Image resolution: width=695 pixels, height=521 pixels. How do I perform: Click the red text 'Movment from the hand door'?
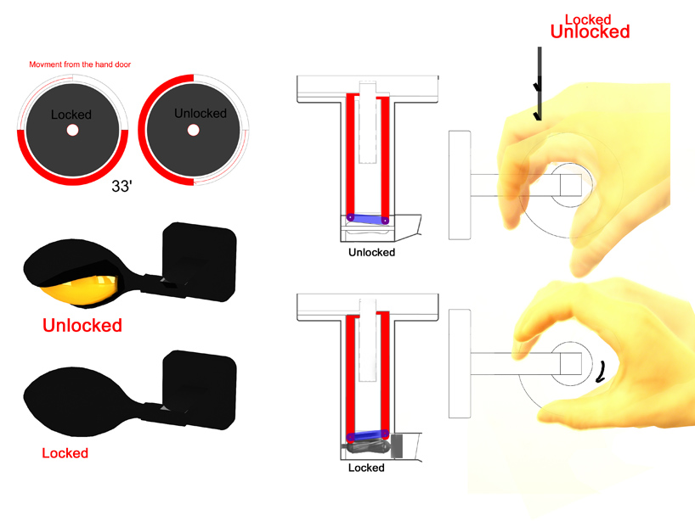80,64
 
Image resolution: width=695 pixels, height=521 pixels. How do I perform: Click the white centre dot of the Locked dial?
72,130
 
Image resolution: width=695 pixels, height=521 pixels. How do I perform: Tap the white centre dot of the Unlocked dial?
193,130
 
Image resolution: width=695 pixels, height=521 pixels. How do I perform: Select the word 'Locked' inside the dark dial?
71,115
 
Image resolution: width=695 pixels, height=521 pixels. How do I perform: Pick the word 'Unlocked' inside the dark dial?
201,114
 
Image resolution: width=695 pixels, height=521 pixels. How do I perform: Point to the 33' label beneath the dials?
121,187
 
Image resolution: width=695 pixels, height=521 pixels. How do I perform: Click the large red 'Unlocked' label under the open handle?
82,325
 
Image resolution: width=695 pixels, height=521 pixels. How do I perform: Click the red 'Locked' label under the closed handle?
65,453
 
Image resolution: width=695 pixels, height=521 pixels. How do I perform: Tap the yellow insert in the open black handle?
81,289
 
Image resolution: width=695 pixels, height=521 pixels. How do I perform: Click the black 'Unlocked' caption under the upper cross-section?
371,252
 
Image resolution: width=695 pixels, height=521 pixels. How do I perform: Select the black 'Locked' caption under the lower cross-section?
366,468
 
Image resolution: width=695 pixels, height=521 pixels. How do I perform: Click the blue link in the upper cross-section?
367,219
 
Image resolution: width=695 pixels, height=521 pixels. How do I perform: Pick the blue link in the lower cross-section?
367,435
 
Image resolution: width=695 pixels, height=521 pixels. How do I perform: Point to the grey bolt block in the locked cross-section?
396,445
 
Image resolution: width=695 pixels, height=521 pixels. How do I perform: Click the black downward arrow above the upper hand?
539,84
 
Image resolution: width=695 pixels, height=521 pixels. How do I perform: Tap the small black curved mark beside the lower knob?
601,372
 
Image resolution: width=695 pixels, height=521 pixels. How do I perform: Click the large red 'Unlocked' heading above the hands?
590,32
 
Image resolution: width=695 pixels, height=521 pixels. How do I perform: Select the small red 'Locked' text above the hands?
588,20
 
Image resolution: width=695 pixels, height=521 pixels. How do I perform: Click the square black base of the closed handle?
200,389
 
